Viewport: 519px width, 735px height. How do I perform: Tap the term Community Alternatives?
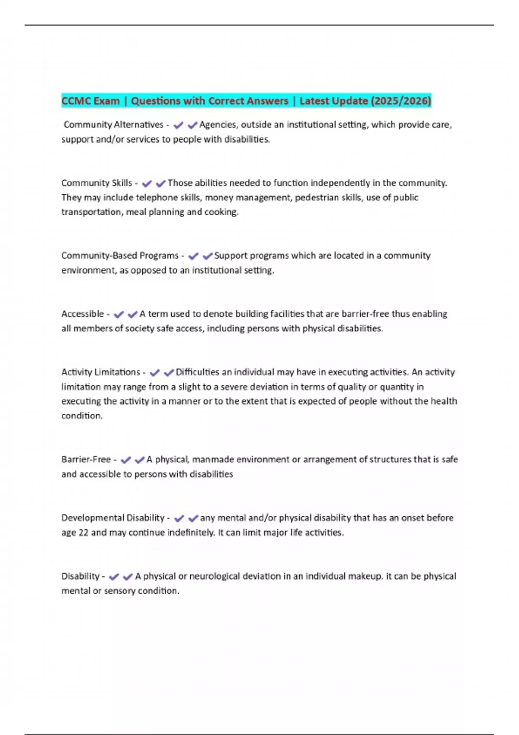(113, 125)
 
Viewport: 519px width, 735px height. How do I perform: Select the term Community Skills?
(96, 183)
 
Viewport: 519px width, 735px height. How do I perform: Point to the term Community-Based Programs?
(120, 256)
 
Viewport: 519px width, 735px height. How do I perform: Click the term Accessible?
(83, 314)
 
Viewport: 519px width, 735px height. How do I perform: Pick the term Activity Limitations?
(101, 372)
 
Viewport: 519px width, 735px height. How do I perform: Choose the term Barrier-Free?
(86, 460)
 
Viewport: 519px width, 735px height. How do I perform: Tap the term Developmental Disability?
(113, 518)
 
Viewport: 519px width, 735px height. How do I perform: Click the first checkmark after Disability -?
(114, 577)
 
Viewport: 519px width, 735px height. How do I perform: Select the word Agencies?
(218, 125)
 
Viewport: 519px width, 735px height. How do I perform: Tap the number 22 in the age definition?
(83, 533)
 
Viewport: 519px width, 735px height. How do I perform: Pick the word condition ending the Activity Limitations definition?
(82, 416)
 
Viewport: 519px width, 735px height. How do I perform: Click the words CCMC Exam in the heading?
(90, 101)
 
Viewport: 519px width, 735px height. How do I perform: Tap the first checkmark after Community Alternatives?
(178, 125)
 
